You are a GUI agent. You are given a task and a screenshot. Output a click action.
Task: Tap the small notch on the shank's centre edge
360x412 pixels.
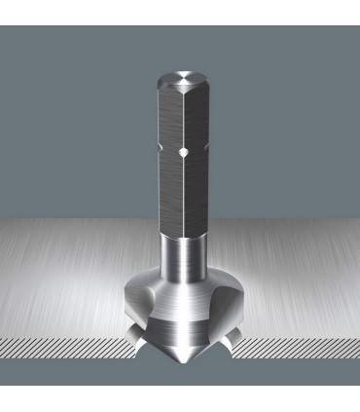(x=181, y=153)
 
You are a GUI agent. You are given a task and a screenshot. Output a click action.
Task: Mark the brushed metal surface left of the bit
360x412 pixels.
(x=68, y=282)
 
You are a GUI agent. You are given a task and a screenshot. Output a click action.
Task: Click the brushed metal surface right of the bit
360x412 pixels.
(x=292, y=282)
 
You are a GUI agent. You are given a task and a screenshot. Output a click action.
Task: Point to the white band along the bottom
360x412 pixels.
(x=180, y=394)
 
